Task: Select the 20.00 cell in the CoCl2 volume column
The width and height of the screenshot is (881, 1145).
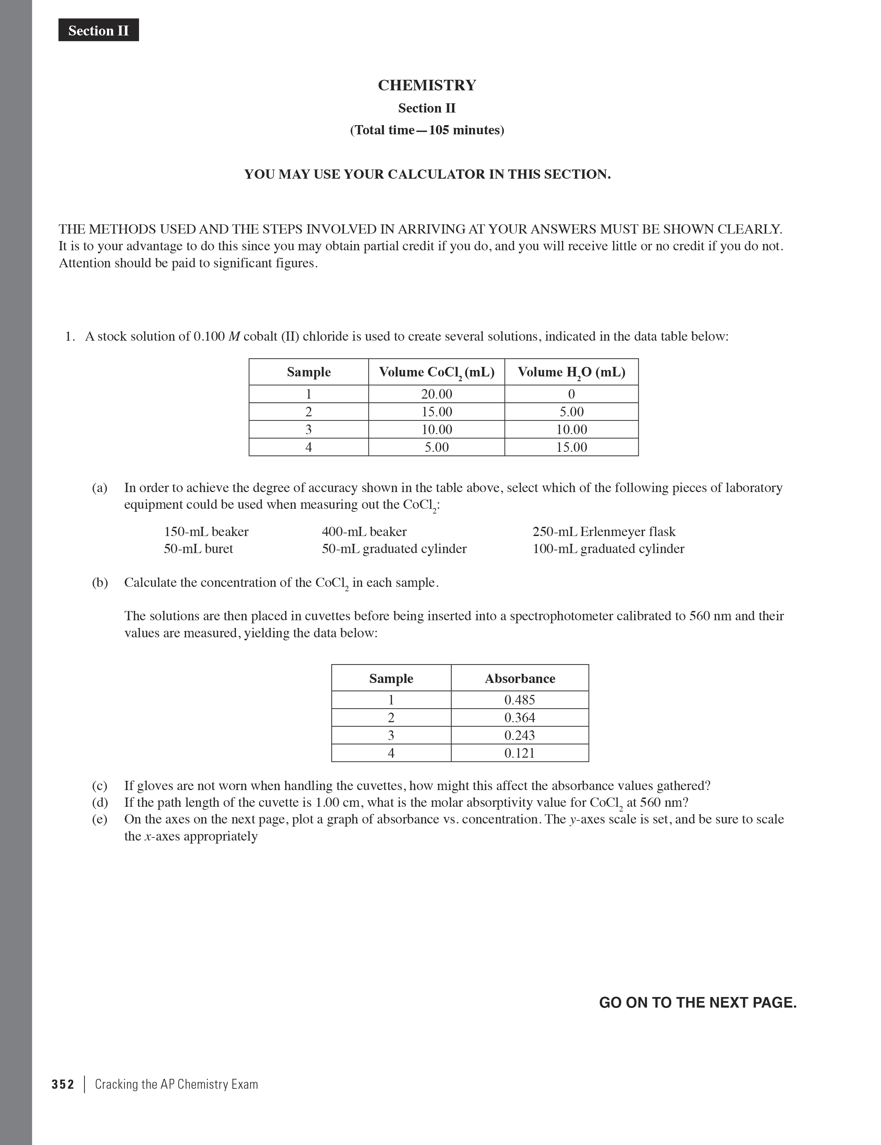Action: point(437,394)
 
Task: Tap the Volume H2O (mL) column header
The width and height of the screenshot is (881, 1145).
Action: point(571,372)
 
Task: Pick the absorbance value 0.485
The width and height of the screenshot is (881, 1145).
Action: point(519,700)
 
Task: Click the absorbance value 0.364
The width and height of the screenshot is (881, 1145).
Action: point(519,718)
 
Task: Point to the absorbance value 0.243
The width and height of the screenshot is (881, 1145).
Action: point(519,735)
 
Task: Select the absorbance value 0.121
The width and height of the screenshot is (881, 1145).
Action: point(519,753)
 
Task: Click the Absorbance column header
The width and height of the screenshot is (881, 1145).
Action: point(519,679)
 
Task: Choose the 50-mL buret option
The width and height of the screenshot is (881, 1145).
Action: point(198,549)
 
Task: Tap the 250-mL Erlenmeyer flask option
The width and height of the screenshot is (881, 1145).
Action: point(604,532)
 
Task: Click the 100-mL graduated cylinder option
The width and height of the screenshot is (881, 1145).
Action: point(608,549)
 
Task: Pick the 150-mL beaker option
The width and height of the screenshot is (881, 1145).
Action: point(206,532)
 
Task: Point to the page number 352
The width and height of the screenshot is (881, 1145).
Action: point(63,1084)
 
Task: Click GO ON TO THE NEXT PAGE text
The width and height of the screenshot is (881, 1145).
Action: point(698,1002)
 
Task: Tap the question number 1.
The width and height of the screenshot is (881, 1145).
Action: point(70,337)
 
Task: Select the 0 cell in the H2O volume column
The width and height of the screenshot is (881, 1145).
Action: point(571,394)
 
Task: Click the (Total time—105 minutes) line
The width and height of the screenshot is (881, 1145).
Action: point(427,130)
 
